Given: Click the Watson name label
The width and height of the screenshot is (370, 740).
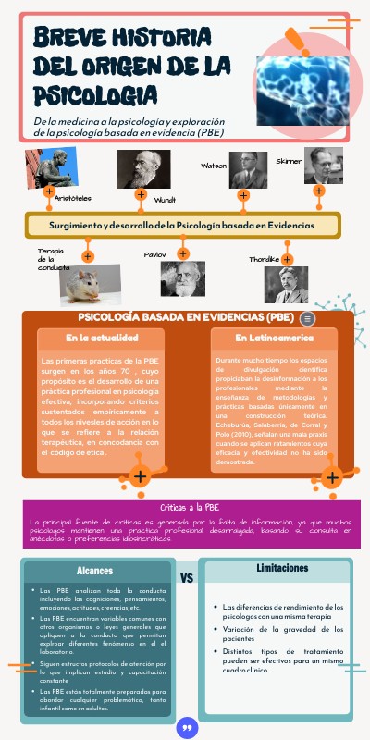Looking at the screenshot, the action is pyautogui.click(x=214, y=166).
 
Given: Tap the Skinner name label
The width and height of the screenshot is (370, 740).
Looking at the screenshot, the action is pyautogui.click(x=289, y=161).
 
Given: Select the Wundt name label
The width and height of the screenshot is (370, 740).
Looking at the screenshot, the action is pyautogui.click(x=165, y=200).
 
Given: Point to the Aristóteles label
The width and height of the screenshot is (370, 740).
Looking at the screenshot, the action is pyautogui.click(x=74, y=198).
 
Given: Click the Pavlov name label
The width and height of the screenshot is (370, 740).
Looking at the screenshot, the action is pyautogui.click(x=154, y=253).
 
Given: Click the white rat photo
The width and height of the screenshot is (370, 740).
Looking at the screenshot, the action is pyautogui.click(x=91, y=285).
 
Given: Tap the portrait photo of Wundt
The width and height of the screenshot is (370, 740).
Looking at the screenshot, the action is pyautogui.click(x=142, y=170).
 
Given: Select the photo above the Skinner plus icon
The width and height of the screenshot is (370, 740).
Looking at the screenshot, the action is pyautogui.click(x=323, y=166).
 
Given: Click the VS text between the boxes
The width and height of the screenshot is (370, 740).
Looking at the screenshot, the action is pyautogui.click(x=186, y=578).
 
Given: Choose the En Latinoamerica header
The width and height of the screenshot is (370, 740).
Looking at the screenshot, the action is pyautogui.click(x=274, y=339).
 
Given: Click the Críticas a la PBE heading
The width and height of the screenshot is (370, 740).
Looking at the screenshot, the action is pyautogui.click(x=190, y=508).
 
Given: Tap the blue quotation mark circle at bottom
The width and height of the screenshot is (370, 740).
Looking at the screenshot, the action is pyautogui.click(x=187, y=728).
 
